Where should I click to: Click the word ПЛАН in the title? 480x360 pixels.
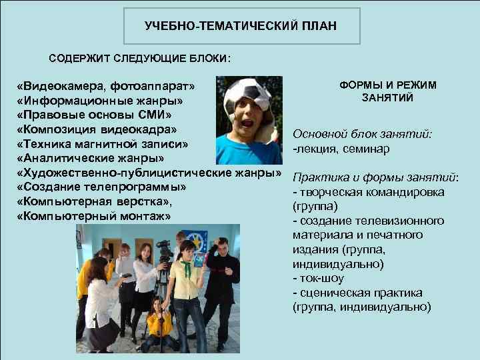pyautogui.click(x=322, y=26)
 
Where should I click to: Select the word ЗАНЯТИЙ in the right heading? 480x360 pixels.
pyautogui.click(x=387, y=99)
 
